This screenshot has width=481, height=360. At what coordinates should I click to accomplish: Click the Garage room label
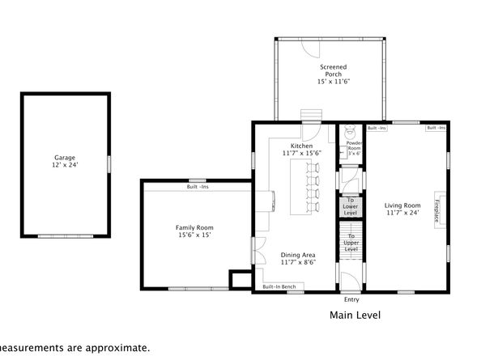pyautogui.click(x=66, y=157)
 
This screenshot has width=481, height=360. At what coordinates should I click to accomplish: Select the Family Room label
pyautogui.click(x=194, y=228)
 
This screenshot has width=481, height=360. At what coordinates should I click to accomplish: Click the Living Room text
pyautogui.click(x=402, y=205)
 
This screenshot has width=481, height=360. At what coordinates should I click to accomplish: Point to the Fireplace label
pyautogui.click(x=437, y=210)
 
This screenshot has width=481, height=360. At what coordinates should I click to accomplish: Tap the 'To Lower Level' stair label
pyautogui.click(x=351, y=206)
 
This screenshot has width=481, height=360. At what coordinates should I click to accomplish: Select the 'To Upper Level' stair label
pyautogui.click(x=351, y=242)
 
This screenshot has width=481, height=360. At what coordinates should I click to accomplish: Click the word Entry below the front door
pyautogui.click(x=351, y=299)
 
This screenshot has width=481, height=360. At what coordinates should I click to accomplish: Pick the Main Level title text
pyautogui.click(x=355, y=316)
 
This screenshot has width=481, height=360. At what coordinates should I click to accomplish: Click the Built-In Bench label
pyautogui.click(x=279, y=287)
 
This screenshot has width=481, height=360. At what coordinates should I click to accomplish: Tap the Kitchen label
pyautogui.click(x=302, y=146)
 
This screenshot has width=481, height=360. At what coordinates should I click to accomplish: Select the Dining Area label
pyautogui.click(x=299, y=255)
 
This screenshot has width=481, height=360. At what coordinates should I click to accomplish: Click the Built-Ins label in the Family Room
pyautogui.click(x=196, y=187)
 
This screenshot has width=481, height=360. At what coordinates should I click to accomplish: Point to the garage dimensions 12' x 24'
pyautogui.click(x=66, y=164)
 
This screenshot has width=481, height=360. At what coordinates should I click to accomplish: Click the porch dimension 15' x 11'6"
pyautogui.click(x=333, y=82)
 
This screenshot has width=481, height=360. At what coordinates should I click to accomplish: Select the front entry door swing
pyautogui.click(x=349, y=283)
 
